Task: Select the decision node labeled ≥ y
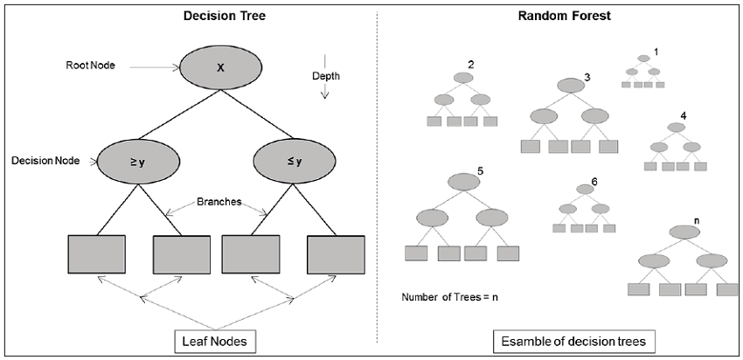(x=139, y=161)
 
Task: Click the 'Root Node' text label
(x=90, y=66)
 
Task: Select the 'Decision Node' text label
(x=45, y=161)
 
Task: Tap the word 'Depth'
(x=326, y=76)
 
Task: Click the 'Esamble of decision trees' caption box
(x=565, y=339)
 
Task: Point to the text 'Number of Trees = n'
(x=449, y=297)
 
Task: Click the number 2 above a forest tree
(x=471, y=66)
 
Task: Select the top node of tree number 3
(x=570, y=86)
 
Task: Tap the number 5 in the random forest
(x=480, y=170)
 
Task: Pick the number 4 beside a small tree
(x=684, y=115)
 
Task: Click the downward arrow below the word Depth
(x=325, y=88)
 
